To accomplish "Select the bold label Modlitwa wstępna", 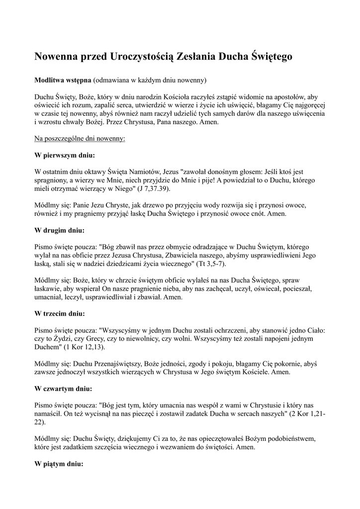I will click(x=63, y=80).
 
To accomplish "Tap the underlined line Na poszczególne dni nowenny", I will click(x=80, y=138).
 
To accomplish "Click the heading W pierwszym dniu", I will click(x=64, y=155).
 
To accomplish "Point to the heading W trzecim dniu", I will click(x=60, y=314).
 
